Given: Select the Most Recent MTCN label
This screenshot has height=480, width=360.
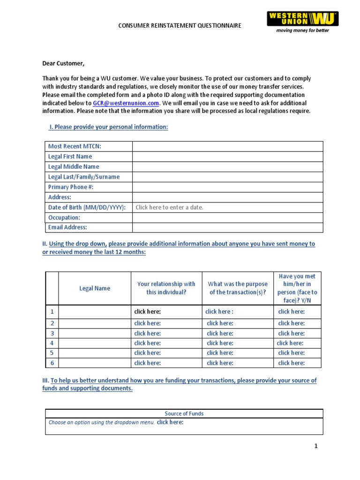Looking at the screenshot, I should point(75,146).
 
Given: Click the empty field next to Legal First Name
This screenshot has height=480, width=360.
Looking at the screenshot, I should point(227,157).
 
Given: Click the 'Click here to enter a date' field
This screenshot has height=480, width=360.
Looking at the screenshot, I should point(170,207).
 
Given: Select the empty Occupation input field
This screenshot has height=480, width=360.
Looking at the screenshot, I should point(227,217).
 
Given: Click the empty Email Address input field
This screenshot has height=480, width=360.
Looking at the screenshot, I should point(227,227).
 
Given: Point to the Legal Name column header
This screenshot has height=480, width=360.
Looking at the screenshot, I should point(95,288).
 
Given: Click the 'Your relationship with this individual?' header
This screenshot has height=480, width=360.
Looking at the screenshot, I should point(166,288).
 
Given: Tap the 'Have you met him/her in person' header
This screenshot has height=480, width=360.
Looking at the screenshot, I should point(298,288).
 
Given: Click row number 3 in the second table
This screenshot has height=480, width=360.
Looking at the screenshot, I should point(52,333).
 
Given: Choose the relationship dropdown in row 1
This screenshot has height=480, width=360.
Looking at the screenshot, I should point(148,312).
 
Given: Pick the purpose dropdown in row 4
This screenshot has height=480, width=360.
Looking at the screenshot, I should point(220,343).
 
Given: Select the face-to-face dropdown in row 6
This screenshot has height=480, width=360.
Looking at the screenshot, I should point(292,363).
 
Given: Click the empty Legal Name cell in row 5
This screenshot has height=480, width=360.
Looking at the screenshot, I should point(95,353).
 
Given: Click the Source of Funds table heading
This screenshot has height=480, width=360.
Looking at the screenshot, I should point(184,413).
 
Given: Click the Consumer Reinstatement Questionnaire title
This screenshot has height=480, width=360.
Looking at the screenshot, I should point(180,25).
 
